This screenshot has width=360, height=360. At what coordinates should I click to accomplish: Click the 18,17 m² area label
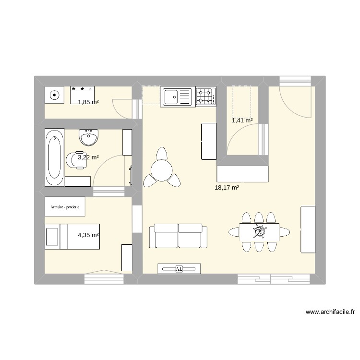click(227, 188)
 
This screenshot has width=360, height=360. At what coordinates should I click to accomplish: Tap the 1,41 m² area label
click(242, 120)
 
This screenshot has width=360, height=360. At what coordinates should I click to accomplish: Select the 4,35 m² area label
click(88, 235)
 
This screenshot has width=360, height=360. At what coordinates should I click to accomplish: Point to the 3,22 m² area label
click(88, 157)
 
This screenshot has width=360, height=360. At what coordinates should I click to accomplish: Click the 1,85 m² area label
click(88, 102)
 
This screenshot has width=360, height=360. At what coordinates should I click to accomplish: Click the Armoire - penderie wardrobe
click(65, 206)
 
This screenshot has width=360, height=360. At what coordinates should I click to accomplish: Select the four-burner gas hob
click(206, 96)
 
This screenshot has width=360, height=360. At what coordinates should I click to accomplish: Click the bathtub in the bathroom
click(55, 157)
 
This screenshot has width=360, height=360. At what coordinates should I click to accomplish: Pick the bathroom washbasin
click(88, 137)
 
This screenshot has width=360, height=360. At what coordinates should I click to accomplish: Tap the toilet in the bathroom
click(77, 160)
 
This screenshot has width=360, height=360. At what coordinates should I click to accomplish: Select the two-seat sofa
click(178, 236)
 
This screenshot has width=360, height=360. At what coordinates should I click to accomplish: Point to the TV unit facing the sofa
click(179, 269)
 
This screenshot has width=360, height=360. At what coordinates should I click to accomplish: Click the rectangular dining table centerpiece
click(260, 231)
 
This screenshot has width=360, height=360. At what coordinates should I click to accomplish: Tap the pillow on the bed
click(52, 237)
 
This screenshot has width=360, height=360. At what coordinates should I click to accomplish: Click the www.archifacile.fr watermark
click(330, 312)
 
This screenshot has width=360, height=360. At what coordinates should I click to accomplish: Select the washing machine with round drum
click(54, 95)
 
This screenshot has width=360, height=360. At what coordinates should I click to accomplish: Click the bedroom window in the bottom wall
click(104, 279)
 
